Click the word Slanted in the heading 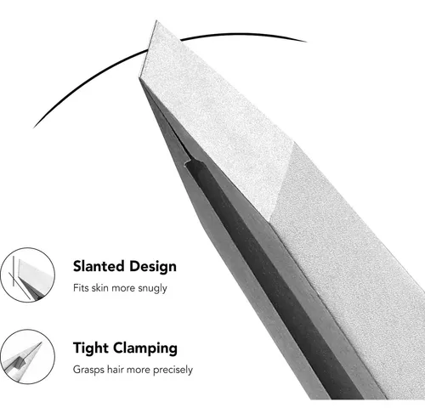[99, 266]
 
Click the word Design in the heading [153, 267]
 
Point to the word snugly [152, 289]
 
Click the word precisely [173, 371]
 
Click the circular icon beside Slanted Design [27, 275]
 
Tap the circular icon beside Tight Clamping [27, 357]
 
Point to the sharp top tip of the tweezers [156, 20]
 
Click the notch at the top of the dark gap [190, 163]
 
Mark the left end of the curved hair [34, 127]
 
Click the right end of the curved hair [306, 42]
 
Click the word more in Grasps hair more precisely [139, 371]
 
